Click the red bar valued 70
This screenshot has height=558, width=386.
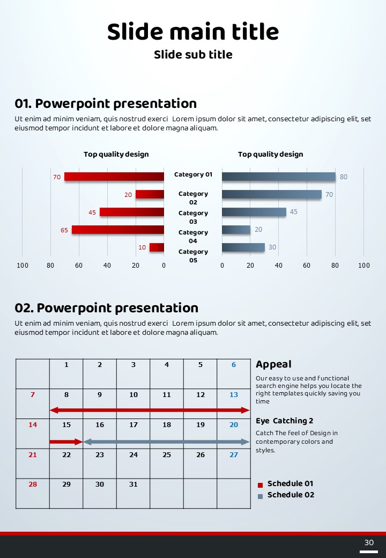[114, 177]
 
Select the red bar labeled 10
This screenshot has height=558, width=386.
[157, 247]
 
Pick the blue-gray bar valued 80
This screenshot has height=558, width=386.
[278, 177]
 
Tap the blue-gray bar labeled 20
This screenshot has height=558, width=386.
[236, 230]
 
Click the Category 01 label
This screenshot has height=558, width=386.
[193, 174]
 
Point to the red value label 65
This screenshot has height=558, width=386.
[64, 230]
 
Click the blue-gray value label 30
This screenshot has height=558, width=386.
[272, 247]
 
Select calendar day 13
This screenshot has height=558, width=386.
[234, 395]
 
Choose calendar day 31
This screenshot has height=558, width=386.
[133, 484]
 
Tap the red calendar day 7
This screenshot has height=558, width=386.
[33, 395]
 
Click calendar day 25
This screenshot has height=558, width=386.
[167, 455]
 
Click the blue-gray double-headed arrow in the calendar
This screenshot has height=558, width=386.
[166, 442]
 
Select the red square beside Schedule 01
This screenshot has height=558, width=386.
[260, 484]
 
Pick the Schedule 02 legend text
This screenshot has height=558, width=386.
[291, 495]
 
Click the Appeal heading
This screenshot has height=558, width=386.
[273, 364]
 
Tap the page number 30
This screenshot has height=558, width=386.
[369, 542]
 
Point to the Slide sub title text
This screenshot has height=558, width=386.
[193, 55]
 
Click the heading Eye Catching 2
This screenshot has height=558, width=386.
[284, 421]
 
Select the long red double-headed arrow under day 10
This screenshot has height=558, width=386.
[150, 410]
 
